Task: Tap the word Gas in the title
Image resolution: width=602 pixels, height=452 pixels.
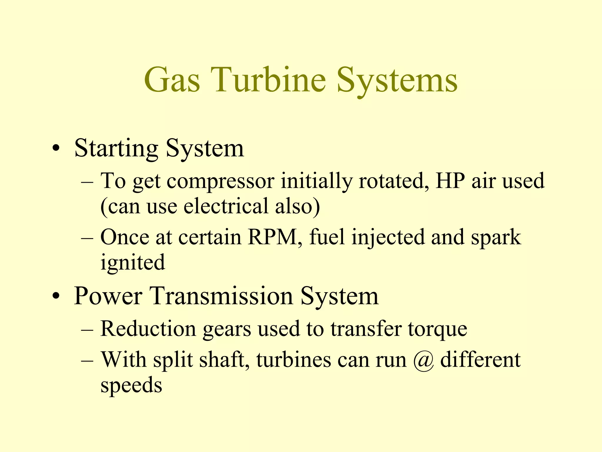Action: (172, 79)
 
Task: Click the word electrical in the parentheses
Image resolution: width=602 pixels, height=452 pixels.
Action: (226, 206)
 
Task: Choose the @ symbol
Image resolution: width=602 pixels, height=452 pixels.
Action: (423, 360)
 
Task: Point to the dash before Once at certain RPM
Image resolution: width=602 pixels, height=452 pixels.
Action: (87, 239)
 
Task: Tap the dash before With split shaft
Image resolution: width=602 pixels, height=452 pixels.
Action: (87, 361)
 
